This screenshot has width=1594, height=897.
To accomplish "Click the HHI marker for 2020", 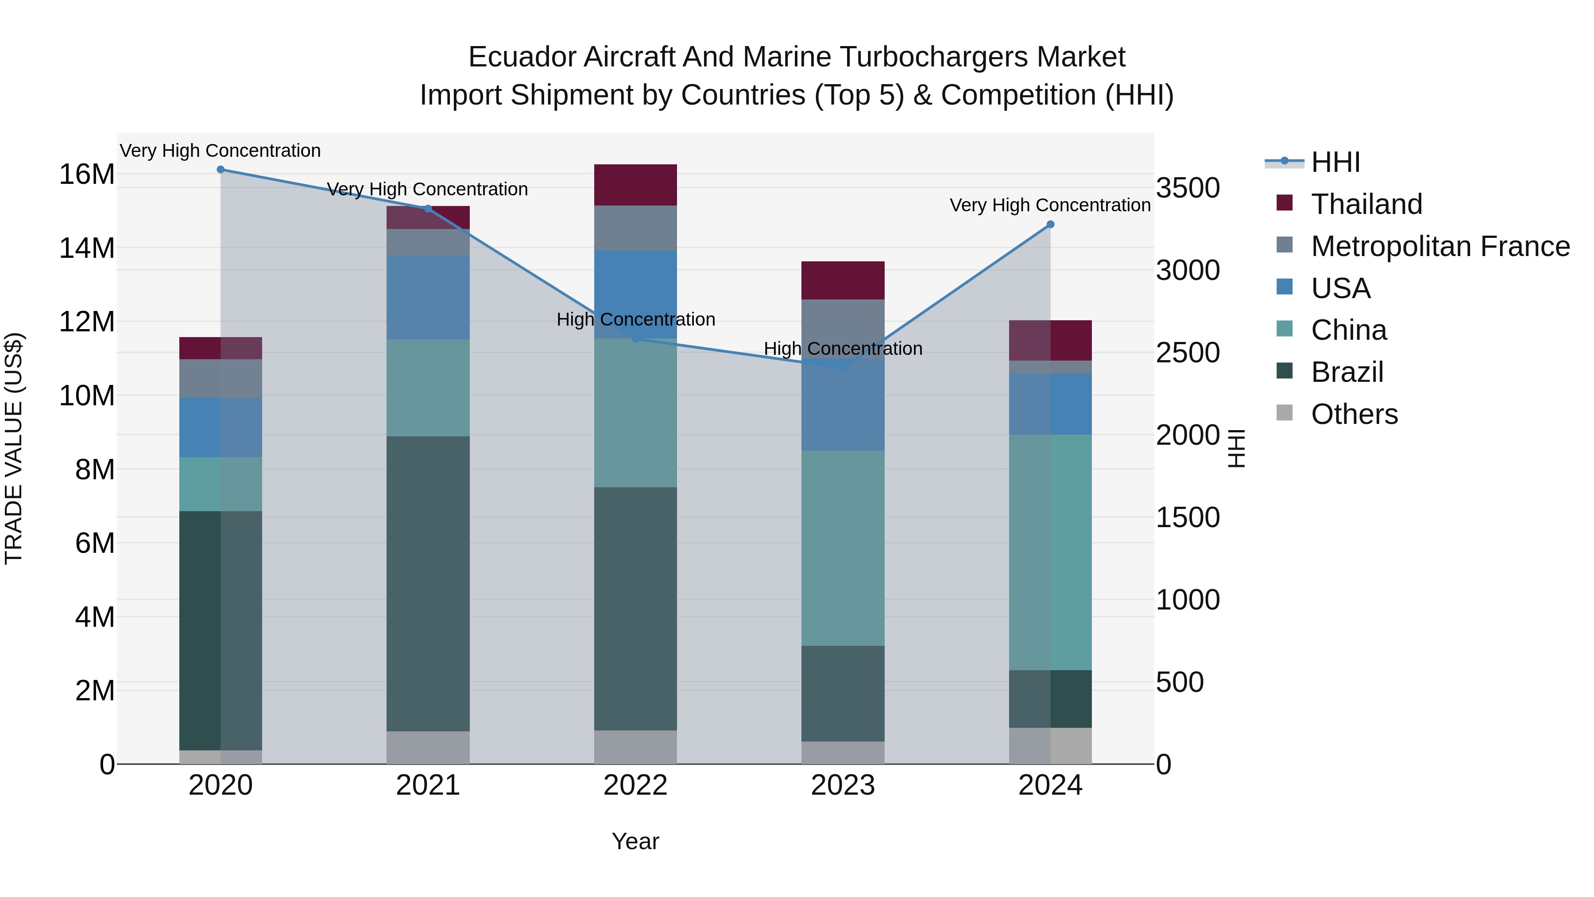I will click(221, 170).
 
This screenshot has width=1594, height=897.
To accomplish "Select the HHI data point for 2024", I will click(1050, 225).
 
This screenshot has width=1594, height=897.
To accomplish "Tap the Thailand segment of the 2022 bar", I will click(635, 185).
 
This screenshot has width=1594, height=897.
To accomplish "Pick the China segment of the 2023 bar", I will click(843, 548).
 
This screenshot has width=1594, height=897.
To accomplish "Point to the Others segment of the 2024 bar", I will click(1050, 746).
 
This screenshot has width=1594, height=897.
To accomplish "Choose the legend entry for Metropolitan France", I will click(1440, 246).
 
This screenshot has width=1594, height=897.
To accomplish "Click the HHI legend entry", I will click(1335, 162).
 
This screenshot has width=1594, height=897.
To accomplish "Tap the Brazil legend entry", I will click(1346, 372).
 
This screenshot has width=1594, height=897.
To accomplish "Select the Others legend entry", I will click(1354, 414).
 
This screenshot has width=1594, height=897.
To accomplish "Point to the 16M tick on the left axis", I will click(87, 175).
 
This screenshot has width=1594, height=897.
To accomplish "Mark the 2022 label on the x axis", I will click(635, 785).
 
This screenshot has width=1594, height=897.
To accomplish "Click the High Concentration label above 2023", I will click(843, 349).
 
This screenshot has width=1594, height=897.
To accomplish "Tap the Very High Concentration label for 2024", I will click(1050, 205).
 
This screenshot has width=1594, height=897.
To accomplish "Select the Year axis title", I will click(635, 841).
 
